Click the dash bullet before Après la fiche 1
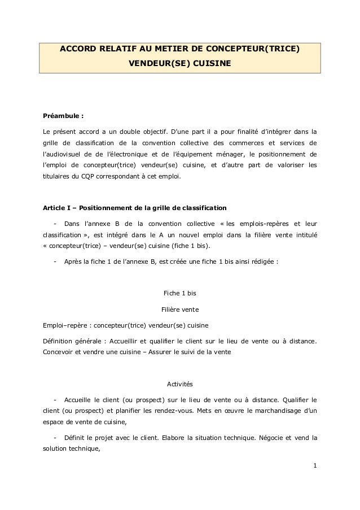pyautogui.click(x=54, y=261)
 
